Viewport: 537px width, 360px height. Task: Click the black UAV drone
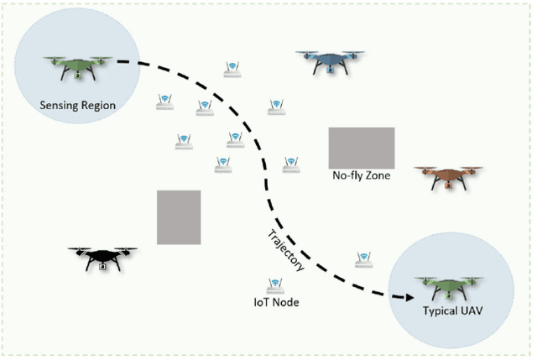(x=102, y=256)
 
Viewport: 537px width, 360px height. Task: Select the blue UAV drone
(x=330, y=60)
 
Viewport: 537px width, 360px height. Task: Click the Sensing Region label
(x=77, y=106)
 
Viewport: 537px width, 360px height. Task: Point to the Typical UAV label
(x=453, y=311)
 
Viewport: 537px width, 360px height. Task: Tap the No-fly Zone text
(x=361, y=176)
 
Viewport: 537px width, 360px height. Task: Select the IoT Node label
(x=276, y=301)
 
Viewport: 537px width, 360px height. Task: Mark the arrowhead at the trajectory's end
(x=407, y=296)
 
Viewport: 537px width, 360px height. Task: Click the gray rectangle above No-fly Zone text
(x=361, y=147)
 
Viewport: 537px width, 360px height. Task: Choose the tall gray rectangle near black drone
(x=179, y=217)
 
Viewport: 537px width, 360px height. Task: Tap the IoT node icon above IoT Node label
(x=273, y=284)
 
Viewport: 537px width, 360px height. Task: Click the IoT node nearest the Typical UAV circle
(x=363, y=259)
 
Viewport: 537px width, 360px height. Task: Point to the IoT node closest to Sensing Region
(x=164, y=102)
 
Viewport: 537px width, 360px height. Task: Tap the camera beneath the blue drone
(x=330, y=69)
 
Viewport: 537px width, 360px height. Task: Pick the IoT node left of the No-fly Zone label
(x=291, y=164)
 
